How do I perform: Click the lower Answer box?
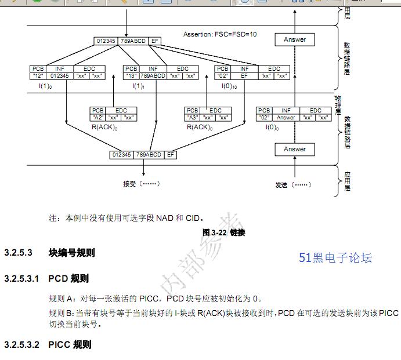294,149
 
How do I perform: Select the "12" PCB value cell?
38,75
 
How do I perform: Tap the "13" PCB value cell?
132,75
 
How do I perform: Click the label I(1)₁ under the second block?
138,86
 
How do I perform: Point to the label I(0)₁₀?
230,86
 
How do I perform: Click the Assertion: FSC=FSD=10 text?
220,34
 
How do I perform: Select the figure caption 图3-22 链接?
223,232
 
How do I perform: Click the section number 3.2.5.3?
17,253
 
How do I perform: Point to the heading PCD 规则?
68,279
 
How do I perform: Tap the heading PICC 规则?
70,345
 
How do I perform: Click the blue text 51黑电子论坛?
335,258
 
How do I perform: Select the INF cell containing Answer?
286,117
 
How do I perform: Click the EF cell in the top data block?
154,41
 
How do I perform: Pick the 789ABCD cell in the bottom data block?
149,155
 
